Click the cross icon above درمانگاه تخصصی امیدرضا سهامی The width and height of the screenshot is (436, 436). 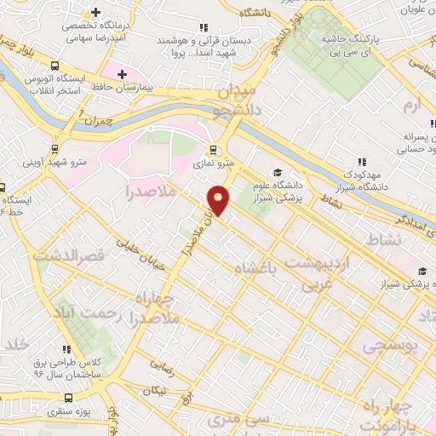95,13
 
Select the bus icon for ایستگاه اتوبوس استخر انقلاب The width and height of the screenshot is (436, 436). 55,65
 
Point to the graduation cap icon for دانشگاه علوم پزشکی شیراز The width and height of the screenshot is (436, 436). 278,172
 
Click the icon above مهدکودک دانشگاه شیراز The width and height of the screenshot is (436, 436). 362,160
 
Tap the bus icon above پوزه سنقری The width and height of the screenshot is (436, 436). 67,398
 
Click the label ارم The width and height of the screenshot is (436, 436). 412,106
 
